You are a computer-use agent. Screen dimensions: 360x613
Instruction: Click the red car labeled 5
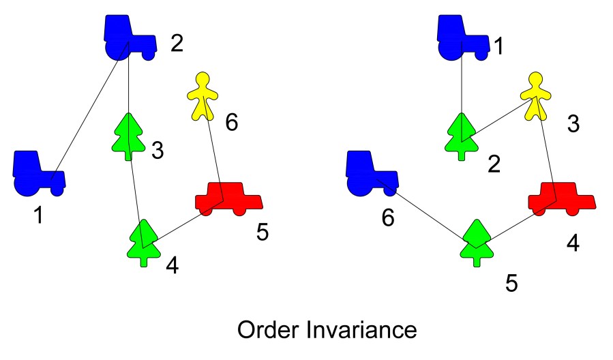click(x=228, y=198)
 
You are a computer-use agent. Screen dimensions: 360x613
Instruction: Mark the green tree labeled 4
click(x=144, y=241)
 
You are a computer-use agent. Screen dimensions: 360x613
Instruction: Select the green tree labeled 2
click(x=462, y=134)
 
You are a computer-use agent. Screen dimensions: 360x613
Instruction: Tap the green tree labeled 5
click(x=475, y=241)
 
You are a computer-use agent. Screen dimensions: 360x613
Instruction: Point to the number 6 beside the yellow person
click(x=232, y=123)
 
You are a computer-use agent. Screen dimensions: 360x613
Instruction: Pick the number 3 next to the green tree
click(x=158, y=151)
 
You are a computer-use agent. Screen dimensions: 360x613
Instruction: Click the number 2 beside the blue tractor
click(x=176, y=46)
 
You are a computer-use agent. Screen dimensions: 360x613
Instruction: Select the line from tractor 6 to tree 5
click(x=430, y=213)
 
